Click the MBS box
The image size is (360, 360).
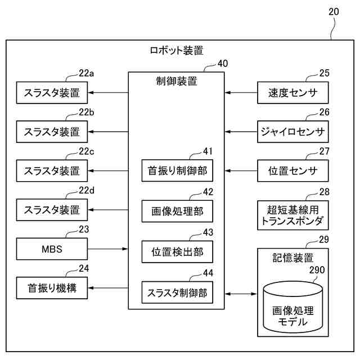coord(52,249)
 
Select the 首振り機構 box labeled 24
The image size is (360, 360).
coord(52,288)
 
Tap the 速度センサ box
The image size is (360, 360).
coord(292,93)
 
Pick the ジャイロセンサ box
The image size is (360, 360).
coord(292,132)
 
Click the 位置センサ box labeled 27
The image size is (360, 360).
coord(292,171)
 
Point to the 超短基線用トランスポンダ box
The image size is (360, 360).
coord(292,215)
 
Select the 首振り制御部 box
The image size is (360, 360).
coord(177,170)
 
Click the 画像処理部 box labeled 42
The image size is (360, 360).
coord(177,211)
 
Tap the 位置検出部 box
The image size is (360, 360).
coord(177,251)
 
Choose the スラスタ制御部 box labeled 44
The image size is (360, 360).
coord(177,292)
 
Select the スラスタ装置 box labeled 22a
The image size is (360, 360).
coord(52,93)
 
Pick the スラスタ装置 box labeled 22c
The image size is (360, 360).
coord(52,171)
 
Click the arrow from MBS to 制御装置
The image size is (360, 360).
coord(107,249)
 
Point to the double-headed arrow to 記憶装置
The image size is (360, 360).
coord(241,294)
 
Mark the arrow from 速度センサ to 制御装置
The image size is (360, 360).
coord(241,93)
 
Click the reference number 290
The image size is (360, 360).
coord(317,270)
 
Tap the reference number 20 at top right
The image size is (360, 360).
coord(334,12)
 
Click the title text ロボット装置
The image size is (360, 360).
coord(176,51)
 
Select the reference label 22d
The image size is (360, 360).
coord(86,190)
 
